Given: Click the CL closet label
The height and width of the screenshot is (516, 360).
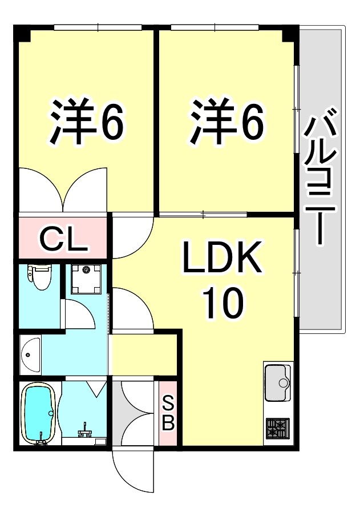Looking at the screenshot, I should coord(64,240).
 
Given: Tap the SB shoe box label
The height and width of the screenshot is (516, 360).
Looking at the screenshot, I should coord(169,414).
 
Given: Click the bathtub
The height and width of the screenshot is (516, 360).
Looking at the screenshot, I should coord(38,413).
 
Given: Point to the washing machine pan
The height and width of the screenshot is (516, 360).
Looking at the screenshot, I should coord(86,279).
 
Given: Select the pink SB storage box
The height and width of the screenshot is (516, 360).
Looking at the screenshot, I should coord(169,414).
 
